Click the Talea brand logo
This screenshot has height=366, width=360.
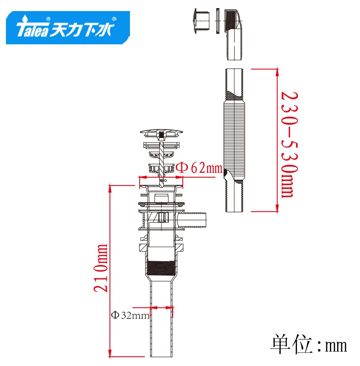(68, 28)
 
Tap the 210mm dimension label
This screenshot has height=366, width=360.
(101, 268)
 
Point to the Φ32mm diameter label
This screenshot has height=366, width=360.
(130, 315)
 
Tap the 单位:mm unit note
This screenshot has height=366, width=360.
(309, 345)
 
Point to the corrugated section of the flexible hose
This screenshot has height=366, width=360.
(234, 137)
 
